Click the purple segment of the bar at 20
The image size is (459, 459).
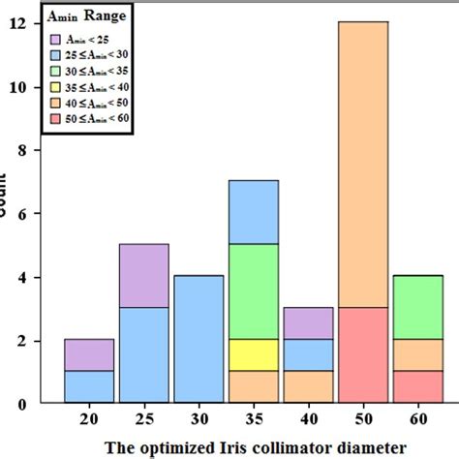(89, 354)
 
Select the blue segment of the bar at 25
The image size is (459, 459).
(143, 354)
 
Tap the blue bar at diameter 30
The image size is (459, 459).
(199, 339)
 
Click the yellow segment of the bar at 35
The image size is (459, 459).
(253, 354)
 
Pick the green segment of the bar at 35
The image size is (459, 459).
(253, 291)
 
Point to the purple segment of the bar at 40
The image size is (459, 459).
(308, 323)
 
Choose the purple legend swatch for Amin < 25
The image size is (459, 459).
(58, 38)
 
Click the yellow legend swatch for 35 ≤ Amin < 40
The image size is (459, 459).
(58, 86)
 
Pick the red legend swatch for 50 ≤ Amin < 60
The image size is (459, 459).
(58, 118)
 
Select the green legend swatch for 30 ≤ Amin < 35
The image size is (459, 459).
(58, 70)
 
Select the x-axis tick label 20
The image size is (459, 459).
(89, 417)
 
